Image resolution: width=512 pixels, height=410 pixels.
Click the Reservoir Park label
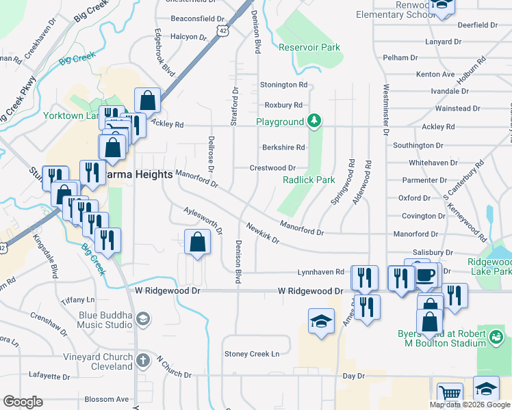309,48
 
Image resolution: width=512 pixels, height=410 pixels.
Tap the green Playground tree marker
314,122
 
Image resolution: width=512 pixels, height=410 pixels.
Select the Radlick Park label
309,180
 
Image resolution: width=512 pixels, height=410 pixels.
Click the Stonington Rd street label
283,85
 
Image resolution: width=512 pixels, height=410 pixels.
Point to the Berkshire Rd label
283,147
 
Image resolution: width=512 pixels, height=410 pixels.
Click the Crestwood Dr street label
272,167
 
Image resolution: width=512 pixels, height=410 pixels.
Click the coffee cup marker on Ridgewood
426,275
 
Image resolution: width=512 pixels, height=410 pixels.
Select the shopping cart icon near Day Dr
450,394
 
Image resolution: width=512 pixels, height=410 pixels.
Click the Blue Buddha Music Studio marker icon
142,318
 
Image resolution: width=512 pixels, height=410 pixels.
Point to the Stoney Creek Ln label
253,354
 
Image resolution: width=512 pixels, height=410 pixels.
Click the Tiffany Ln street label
77,300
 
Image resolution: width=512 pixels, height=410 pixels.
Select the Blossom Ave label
106,399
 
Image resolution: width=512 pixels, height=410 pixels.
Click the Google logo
23,402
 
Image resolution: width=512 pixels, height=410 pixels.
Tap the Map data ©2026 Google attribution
469,405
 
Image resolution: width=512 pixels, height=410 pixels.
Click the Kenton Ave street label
435,74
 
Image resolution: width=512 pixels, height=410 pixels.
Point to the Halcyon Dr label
188,36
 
